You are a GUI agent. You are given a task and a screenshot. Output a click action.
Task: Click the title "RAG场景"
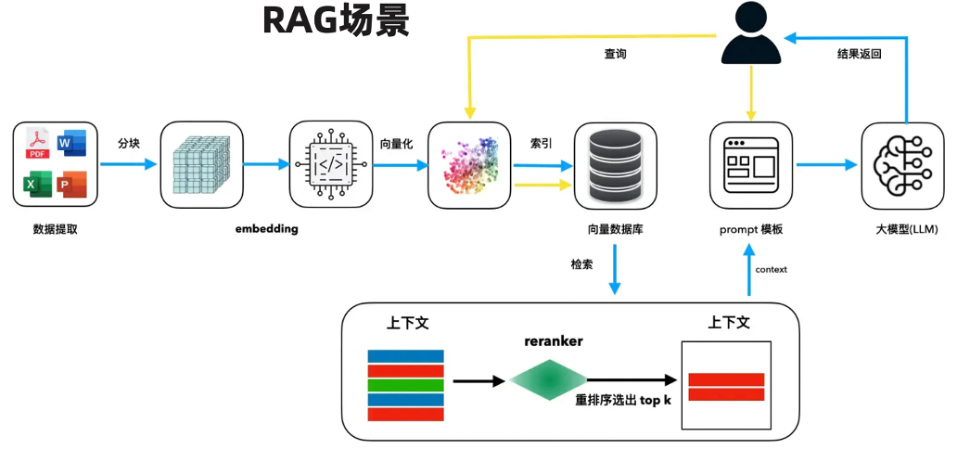(x=337, y=20)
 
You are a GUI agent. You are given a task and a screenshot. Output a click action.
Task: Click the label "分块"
(x=129, y=144)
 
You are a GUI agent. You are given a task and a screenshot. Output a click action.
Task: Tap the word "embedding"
(x=266, y=228)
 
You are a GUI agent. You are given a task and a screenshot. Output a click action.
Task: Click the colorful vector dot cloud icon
(x=468, y=164)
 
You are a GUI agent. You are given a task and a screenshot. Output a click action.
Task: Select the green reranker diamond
(x=549, y=379)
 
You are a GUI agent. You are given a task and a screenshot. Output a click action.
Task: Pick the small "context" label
(x=772, y=270)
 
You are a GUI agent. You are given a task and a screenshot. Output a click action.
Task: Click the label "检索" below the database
(x=582, y=264)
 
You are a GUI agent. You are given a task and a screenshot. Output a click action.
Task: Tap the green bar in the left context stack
(x=405, y=385)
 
